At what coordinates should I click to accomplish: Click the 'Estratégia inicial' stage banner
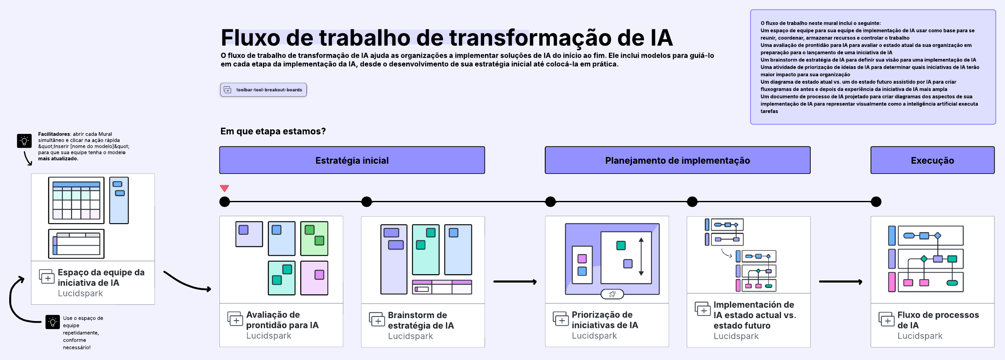[352, 160]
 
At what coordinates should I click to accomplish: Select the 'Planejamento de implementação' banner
[677, 160]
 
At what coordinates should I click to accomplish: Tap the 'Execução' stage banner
[932, 160]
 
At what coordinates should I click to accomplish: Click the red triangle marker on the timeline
[224, 188]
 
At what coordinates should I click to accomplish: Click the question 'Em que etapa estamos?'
[273, 131]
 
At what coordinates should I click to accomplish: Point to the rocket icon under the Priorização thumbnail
[612, 294]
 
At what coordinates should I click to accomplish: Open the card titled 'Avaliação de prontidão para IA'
[282, 320]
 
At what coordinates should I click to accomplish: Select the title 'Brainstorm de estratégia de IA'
[420, 320]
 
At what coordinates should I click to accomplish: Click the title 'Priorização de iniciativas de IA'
[605, 320]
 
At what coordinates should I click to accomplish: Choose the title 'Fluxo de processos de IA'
[938, 320]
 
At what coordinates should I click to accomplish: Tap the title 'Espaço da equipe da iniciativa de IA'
[101, 278]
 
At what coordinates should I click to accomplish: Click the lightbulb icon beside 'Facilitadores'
[24, 141]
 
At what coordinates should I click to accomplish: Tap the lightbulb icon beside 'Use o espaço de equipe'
[53, 322]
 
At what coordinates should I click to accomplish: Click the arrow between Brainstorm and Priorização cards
[515, 282]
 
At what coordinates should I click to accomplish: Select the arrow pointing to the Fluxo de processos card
[840, 282]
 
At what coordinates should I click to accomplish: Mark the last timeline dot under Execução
[876, 202]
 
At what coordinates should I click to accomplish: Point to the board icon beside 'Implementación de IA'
[703, 309]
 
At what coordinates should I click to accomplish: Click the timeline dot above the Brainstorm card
[366, 202]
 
